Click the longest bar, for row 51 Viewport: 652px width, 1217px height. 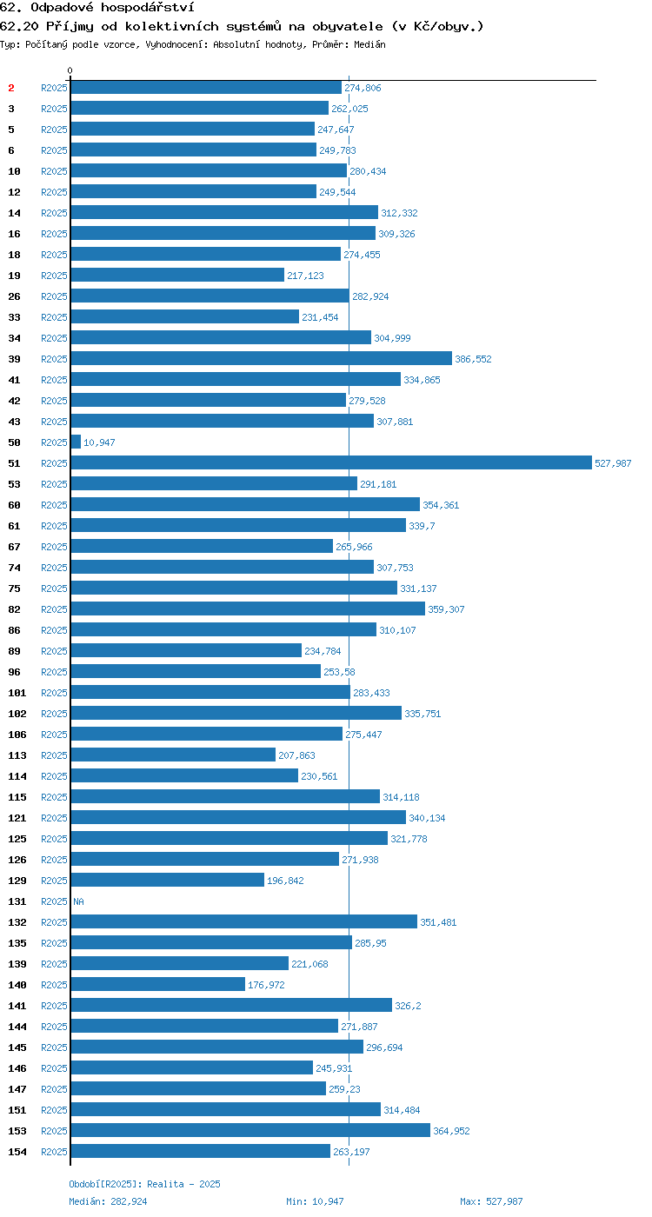point(331,462)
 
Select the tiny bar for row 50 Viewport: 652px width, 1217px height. point(77,442)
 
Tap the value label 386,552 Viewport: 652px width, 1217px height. point(473,359)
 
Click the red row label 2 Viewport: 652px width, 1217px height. point(10,88)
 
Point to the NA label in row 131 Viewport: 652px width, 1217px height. point(79,901)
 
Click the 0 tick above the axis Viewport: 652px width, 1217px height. point(70,70)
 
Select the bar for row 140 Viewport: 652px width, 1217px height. point(158,984)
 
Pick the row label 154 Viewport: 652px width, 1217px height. point(17,1152)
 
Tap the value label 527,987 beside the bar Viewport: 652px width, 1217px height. point(613,463)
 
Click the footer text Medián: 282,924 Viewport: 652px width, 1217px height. point(108,1201)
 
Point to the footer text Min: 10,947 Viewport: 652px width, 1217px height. point(315,1201)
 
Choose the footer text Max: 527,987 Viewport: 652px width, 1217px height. point(491,1201)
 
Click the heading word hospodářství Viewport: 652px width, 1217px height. point(148,8)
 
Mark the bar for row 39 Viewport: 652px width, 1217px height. point(262,358)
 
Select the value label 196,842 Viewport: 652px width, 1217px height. point(285,881)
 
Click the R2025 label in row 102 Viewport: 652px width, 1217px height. point(54,714)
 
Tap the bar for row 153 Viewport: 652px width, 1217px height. point(250,1131)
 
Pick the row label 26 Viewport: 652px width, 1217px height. point(14,296)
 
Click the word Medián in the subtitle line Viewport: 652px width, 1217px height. point(369,44)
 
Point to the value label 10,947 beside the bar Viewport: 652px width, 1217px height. point(99,442)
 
